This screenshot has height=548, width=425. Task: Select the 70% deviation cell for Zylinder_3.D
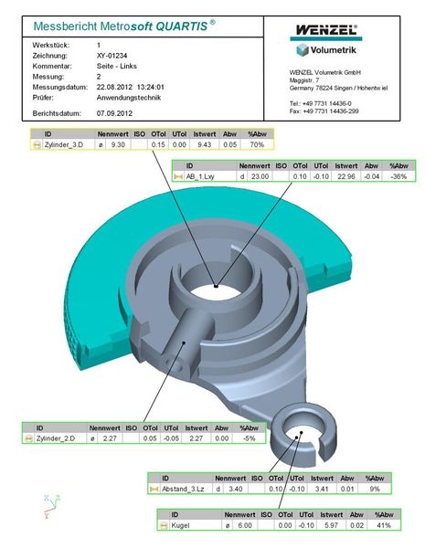257,144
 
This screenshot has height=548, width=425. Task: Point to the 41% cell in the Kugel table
386,525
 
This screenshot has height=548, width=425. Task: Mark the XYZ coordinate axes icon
48,506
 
